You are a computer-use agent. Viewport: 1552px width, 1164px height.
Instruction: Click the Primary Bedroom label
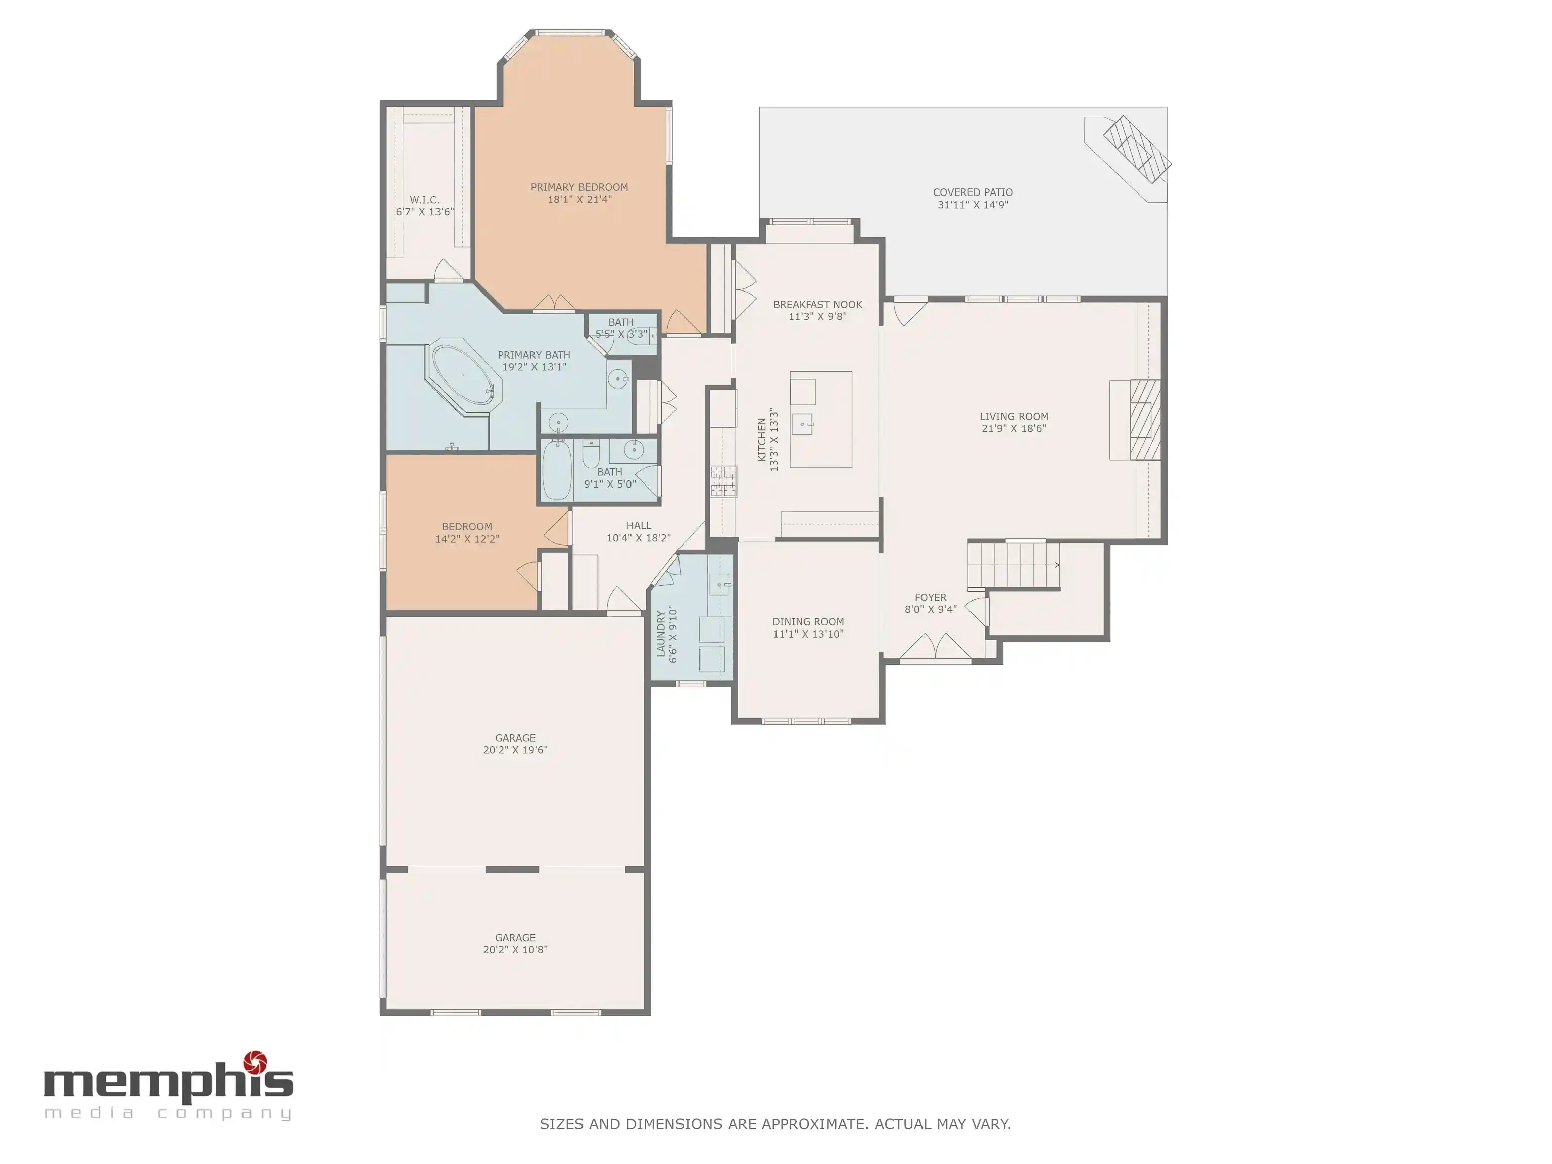579,187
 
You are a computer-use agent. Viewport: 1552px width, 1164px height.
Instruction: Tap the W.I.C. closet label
424,200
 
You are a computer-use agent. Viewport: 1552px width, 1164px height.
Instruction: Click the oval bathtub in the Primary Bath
464,374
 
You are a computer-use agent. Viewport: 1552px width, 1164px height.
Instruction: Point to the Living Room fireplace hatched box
1145,419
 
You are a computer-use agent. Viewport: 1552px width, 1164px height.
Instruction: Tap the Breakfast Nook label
817,305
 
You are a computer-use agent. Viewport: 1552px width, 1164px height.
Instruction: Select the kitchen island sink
803,424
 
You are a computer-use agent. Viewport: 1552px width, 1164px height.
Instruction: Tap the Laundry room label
661,634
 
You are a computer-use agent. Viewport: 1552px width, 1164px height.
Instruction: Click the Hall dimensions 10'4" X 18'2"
639,538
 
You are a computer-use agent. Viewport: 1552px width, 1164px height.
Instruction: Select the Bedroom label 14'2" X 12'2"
467,539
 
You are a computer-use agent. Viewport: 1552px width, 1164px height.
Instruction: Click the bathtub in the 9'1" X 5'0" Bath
557,469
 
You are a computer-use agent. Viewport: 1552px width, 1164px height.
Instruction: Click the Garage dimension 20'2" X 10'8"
515,950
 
